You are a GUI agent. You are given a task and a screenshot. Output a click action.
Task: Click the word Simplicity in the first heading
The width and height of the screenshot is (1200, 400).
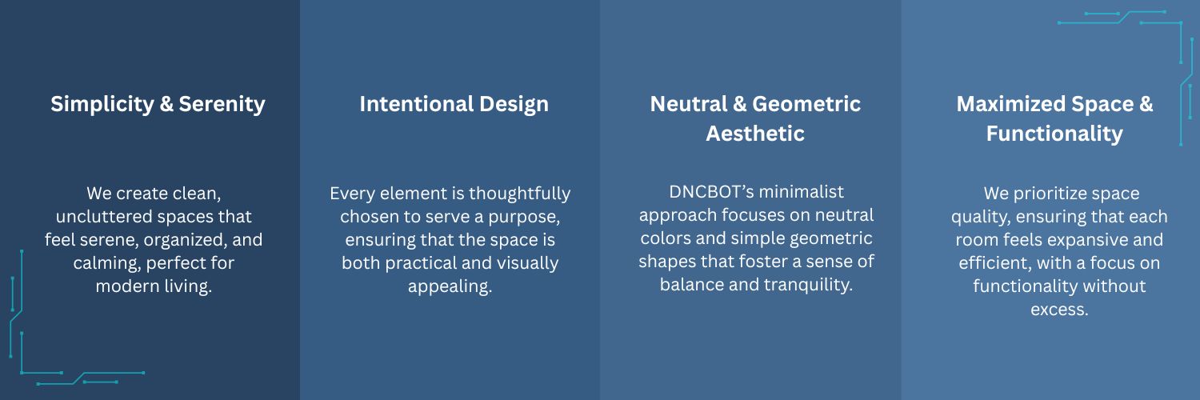[x=102, y=105]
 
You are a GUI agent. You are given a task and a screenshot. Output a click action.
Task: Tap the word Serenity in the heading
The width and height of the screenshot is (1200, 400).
[x=222, y=105]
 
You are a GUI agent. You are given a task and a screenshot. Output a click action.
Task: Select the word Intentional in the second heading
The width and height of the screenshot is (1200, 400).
[x=415, y=104]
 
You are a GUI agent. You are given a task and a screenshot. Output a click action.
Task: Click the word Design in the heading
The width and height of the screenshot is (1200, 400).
[x=514, y=105]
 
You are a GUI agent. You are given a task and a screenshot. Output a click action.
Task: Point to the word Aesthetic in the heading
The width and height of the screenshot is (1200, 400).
[x=755, y=134]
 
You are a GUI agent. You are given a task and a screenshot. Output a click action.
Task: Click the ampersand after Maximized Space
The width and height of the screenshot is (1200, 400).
[x=1146, y=104]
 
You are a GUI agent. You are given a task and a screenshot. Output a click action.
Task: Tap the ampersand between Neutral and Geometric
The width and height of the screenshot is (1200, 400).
[x=740, y=104]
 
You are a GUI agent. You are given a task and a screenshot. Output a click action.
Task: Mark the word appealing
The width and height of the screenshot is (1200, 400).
[x=450, y=286]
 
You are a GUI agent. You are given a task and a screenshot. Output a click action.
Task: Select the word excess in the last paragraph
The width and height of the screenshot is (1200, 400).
[x=1059, y=310]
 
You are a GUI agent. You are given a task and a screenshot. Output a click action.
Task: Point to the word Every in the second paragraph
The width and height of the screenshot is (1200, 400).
[x=353, y=194]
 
